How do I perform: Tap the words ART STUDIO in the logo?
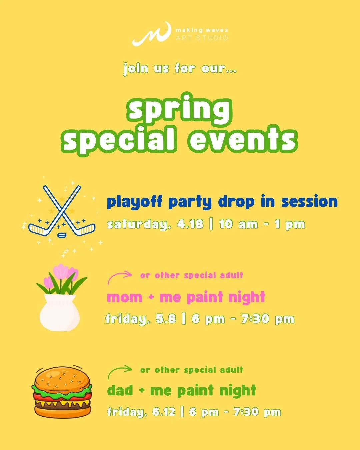(202, 38)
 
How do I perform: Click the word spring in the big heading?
(179, 109)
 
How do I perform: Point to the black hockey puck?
(62, 235)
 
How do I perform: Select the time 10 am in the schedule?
(238, 224)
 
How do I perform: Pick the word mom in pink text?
(124, 297)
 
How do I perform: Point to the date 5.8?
(166, 319)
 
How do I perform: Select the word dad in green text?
(120, 390)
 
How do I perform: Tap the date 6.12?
(164, 412)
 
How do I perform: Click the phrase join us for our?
(180, 68)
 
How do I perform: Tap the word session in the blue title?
(309, 202)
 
